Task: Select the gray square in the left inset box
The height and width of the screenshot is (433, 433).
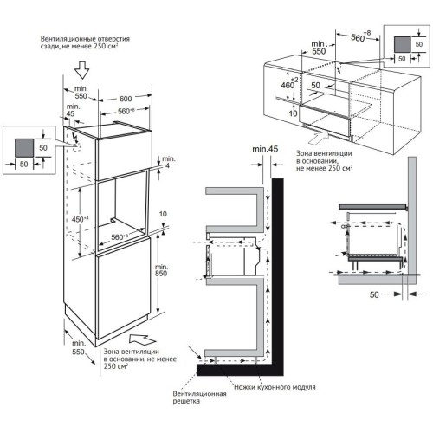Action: point(23,148)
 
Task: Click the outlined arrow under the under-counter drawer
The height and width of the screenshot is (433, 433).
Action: point(317,132)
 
